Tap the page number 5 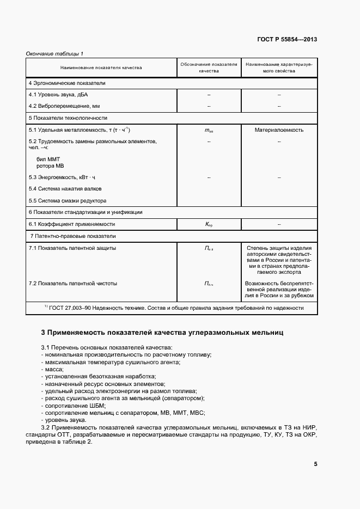tap(315, 464)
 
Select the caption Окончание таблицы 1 tap(54, 53)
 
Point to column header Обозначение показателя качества tap(209, 68)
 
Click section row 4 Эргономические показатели tap(67, 83)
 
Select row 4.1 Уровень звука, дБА tap(57, 95)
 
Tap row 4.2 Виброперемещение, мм tap(64, 106)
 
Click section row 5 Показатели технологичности tap(68, 118)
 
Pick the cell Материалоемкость tap(279, 130)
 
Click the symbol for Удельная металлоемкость tap(209, 131)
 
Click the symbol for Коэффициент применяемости tap(209, 224)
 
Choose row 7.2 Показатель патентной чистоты tap(73, 283)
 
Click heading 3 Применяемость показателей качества tap(162, 332)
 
